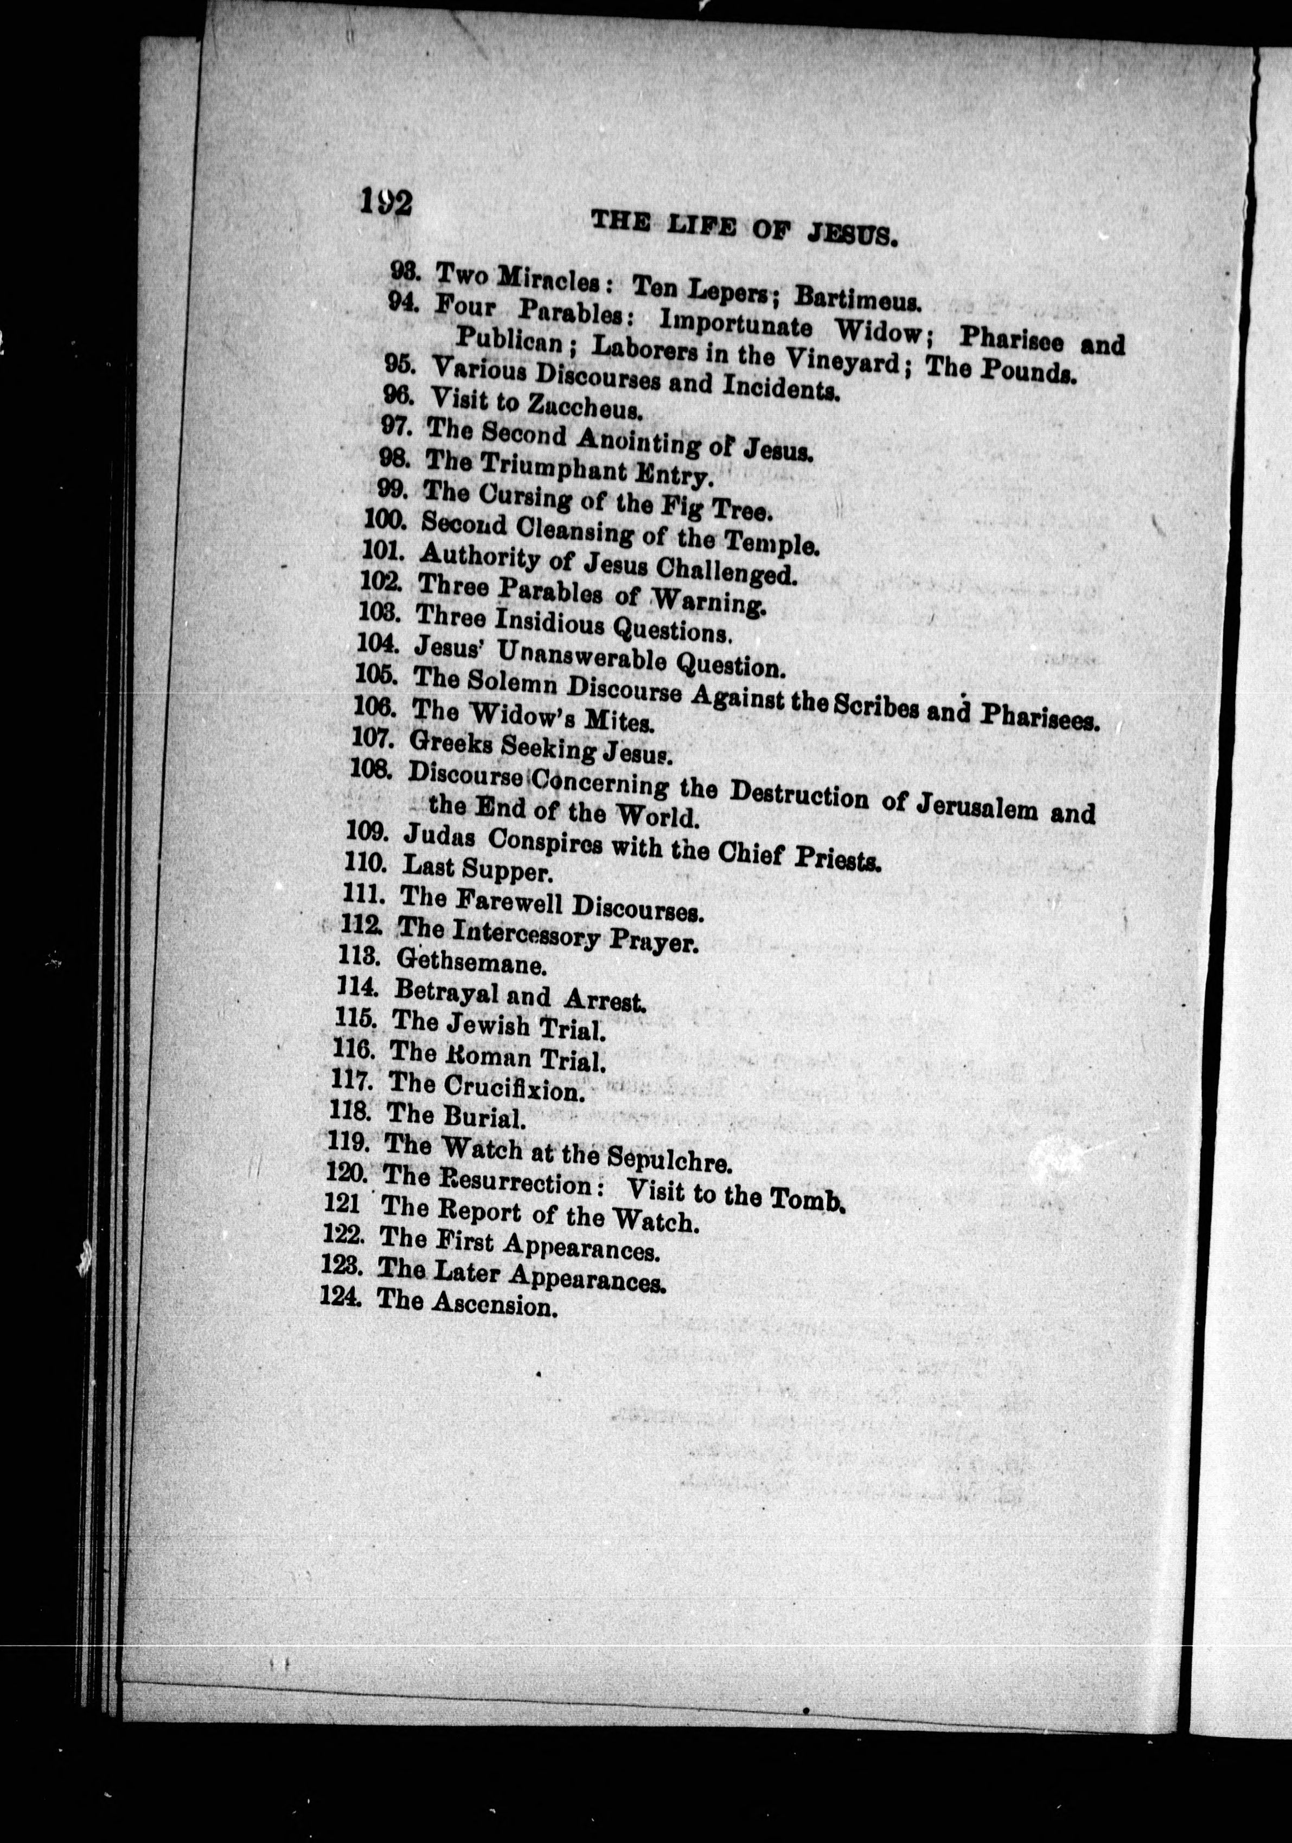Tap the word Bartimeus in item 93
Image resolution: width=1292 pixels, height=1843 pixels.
pyautogui.click(x=856, y=299)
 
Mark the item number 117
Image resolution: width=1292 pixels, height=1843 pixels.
pyautogui.click(x=350, y=1081)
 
